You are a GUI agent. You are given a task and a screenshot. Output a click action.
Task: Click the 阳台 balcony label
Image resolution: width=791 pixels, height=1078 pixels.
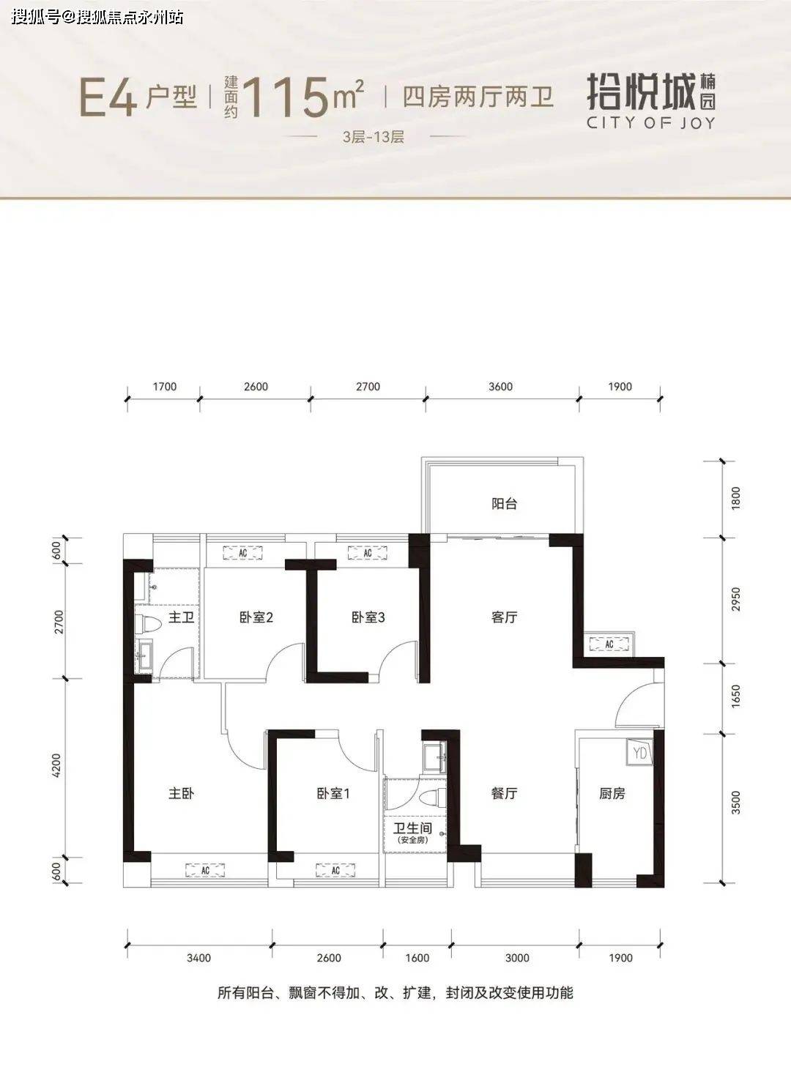pos(504,504)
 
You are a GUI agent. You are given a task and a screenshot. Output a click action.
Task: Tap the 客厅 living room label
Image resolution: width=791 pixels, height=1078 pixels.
pos(504,617)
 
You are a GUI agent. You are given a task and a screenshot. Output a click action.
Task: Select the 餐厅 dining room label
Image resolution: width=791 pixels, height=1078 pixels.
pos(504,793)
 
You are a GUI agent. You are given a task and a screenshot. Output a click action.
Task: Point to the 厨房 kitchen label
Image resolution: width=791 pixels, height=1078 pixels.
pos(612,793)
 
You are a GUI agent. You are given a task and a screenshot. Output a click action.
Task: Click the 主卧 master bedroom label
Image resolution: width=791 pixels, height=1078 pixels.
pos(181,793)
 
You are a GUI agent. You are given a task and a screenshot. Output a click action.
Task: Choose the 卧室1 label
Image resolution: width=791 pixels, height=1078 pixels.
pos(333,793)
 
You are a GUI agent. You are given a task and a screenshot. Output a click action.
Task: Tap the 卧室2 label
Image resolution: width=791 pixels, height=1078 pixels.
pos(256,617)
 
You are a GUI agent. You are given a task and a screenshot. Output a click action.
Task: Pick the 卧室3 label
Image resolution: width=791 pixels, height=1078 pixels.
pos(368,617)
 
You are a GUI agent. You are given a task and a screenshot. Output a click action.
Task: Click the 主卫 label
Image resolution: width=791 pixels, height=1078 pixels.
pos(181,617)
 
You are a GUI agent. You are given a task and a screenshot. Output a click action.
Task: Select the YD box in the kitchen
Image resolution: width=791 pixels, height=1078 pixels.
pos(640,753)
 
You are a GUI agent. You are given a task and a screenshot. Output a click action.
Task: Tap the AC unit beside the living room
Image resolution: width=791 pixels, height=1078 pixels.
pos(609,644)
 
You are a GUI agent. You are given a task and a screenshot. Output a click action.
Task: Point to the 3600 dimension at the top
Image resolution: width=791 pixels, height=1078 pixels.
pos(500,387)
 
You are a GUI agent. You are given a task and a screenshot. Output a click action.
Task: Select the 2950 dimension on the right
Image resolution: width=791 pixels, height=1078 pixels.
pos(735,599)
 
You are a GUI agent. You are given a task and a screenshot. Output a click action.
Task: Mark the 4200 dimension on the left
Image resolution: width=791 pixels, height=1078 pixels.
pos(57,766)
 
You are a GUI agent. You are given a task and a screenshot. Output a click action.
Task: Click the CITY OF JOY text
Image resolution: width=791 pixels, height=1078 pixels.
pos(650,123)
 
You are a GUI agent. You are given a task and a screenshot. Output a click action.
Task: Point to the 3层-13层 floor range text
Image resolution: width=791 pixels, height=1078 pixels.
pos(373,137)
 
